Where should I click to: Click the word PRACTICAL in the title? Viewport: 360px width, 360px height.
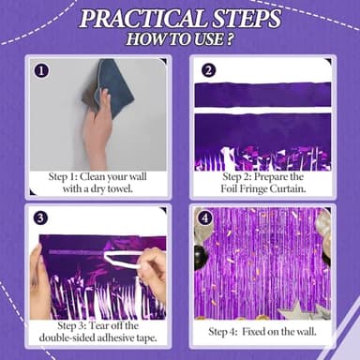point(143,20)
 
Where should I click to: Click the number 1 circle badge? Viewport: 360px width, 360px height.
point(41,70)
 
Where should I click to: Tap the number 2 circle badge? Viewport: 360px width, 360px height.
point(208,70)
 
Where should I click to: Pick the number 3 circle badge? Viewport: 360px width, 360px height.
point(41,217)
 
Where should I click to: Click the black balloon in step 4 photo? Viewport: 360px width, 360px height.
point(200,255)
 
